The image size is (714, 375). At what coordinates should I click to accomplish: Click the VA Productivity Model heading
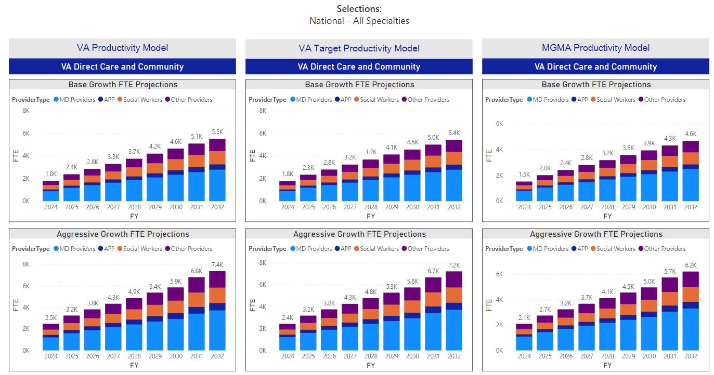click(x=122, y=48)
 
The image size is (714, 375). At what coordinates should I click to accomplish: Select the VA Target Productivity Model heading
click(x=359, y=48)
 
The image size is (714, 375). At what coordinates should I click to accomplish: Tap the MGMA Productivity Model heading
click(x=595, y=48)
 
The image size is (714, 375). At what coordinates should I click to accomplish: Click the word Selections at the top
click(x=359, y=9)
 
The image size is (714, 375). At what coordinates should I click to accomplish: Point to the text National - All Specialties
click(x=359, y=21)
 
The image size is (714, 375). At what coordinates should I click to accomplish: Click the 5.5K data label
click(x=217, y=132)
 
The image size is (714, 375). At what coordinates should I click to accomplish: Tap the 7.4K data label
click(x=217, y=265)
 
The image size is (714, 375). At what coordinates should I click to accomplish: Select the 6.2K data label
click(x=691, y=265)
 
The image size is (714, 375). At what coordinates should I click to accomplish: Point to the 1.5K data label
click(x=524, y=175)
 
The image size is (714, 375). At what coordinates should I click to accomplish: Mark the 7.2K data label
click(x=454, y=265)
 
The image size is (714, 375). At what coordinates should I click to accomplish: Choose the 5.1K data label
click(x=197, y=137)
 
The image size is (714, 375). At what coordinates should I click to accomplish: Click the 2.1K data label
click(x=524, y=318)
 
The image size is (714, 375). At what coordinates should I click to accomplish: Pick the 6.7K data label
click(x=433, y=271)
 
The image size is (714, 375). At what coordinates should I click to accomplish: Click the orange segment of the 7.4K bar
click(x=217, y=295)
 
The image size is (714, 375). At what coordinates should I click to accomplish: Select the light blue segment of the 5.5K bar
click(x=217, y=185)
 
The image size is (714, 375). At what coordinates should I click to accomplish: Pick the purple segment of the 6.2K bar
click(x=691, y=279)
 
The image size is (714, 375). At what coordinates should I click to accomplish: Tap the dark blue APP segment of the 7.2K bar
click(x=454, y=306)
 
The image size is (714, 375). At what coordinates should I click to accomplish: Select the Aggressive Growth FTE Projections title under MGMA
click(x=596, y=234)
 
